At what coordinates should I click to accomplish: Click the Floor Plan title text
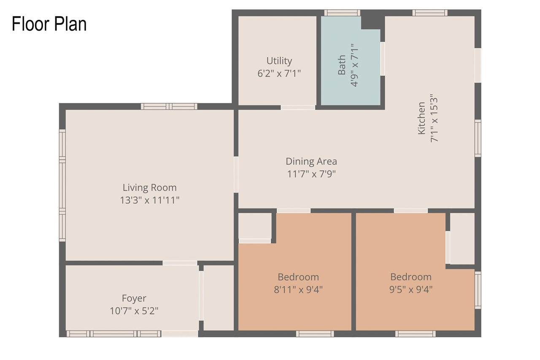point(49,24)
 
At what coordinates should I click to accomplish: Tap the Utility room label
point(279,61)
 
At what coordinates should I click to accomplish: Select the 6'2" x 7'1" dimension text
point(279,73)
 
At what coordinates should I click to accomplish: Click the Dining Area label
point(311,161)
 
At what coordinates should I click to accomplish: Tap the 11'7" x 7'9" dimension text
point(311,174)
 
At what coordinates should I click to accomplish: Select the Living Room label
point(149,187)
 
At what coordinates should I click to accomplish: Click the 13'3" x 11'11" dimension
point(149,200)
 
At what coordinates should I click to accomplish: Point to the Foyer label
point(134,298)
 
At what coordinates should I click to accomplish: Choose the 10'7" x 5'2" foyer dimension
point(134,311)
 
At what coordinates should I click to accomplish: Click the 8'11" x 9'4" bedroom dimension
point(298,290)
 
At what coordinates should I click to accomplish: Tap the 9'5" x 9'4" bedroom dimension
point(410,290)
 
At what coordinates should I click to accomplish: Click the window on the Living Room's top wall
point(169,106)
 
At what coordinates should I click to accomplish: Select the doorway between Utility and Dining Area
point(298,108)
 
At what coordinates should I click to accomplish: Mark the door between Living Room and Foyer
point(180,263)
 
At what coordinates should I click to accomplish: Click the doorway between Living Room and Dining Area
point(236,174)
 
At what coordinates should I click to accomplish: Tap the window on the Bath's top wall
point(342,13)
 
